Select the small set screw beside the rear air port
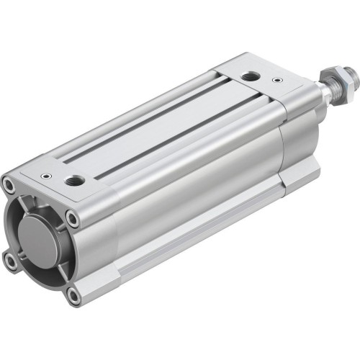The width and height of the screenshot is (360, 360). tap(47, 174)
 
